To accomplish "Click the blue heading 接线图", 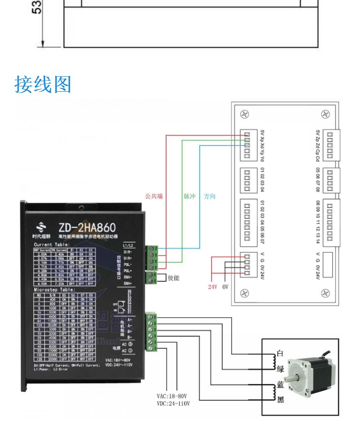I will point(43,84).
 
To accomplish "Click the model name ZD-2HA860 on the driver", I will point(87,227).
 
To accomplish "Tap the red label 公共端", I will point(154,196).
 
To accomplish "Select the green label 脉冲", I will point(190,196).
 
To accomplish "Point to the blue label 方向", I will point(210,196).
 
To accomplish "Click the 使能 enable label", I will point(174,277).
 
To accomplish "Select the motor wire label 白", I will point(280,353).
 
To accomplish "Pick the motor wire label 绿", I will point(280,369).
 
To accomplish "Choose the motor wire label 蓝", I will point(280,385).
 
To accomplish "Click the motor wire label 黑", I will point(280,399).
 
